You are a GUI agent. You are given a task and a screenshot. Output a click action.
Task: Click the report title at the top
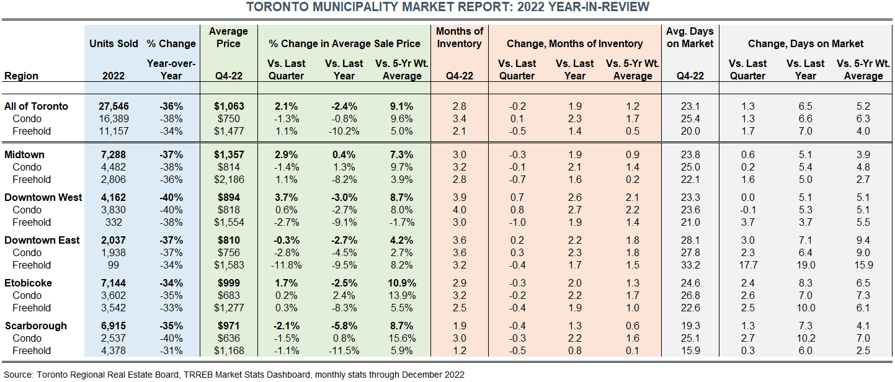(x=447, y=7)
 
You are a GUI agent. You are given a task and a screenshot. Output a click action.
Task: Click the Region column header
(x=21, y=76)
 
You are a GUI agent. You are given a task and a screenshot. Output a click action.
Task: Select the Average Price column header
(x=229, y=37)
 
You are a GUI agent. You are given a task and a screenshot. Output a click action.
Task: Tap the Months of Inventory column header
(x=459, y=37)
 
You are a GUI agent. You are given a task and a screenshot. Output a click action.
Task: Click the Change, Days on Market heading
(x=806, y=43)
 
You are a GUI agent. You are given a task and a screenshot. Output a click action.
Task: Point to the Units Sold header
(x=114, y=43)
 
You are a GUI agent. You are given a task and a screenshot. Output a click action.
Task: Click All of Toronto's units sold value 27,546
(x=114, y=106)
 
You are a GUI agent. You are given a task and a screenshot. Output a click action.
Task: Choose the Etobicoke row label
(x=28, y=283)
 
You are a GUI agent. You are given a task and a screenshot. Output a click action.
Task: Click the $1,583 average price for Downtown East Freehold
(x=229, y=265)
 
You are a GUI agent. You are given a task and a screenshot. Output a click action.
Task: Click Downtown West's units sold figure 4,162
(x=114, y=197)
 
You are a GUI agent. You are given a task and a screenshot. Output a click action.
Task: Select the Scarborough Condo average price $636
(x=229, y=338)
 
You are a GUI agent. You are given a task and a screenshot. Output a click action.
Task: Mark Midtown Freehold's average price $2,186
(x=229, y=179)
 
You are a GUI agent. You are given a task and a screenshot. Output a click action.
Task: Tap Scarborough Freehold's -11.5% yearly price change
(x=344, y=350)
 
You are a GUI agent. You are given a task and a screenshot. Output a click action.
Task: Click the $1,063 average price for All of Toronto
(x=229, y=106)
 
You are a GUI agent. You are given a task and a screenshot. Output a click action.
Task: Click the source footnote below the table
(x=234, y=374)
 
